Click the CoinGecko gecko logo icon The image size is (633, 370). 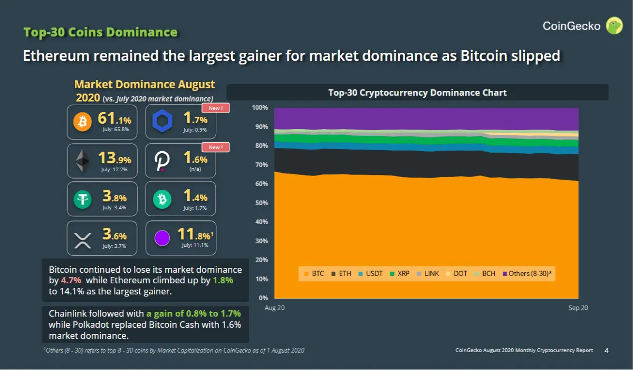coord(614,25)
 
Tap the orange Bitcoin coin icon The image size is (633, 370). coord(82,122)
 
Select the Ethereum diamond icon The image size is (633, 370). coord(82,161)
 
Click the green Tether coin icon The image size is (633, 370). coord(82,199)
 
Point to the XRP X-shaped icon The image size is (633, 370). coord(82,240)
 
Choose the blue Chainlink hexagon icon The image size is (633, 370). coord(162,121)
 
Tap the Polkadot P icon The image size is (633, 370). coord(162,161)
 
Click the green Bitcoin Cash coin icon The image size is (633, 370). coord(162,199)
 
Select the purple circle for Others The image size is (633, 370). coord(162,238)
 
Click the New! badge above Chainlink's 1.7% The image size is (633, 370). coord(216,108)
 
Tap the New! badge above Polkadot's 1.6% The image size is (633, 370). coord(216,147)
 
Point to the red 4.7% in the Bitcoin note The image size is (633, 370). coord(71,280)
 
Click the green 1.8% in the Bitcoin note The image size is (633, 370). coord(223,280)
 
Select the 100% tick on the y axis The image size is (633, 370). coord(260,108)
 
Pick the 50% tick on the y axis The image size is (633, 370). coord(262,203)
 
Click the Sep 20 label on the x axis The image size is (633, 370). coord(578,308)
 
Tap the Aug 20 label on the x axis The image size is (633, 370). coord(275,308)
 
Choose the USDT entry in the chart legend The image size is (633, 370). coord(370,273)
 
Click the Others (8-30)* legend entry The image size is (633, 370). coord(527,273)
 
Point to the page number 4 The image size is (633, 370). coord(607,350)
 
